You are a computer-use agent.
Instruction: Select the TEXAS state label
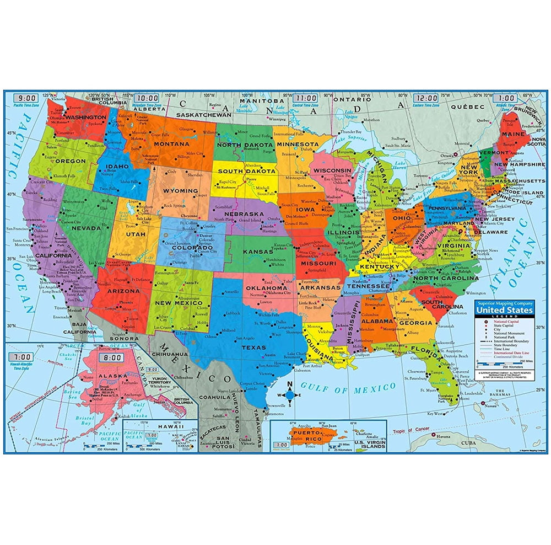click(255, 347)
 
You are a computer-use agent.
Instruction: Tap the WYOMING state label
click(180, 190)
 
